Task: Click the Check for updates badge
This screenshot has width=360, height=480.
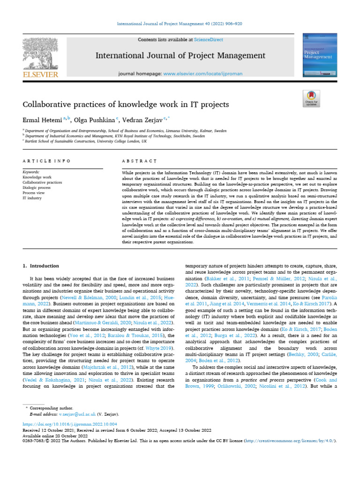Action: click(x=311, y=97)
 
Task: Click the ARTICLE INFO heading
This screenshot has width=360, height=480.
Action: click(x=47, y=161)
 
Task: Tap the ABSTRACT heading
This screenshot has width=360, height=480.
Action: click(x=139, y=161)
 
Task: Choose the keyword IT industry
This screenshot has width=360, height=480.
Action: click(x=32, y=198)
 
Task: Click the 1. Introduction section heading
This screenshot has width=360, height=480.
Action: click(x=41, y=266)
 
